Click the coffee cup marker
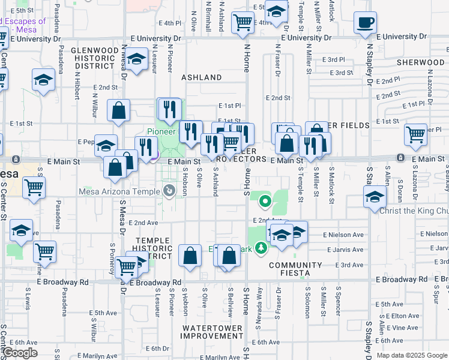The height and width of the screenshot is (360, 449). (x=365, y=24)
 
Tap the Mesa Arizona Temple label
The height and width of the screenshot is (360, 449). (x=119, y=192)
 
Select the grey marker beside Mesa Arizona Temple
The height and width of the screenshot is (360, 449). (x=169, y=191)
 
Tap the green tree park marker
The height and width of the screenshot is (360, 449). (x=261, y=247)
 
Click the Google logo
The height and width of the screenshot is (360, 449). (x=20, y=353)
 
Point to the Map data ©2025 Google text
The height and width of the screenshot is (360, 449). (x=412, y=355)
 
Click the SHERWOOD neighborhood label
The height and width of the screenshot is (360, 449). (x=420, y=62)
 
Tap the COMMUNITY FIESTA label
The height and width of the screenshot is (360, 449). (x=296, y=269)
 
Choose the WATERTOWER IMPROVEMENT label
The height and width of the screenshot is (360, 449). (x=212, y=332)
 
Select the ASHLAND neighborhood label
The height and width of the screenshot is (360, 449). (x=202, y=77)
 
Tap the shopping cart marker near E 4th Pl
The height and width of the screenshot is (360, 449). (x=243, y=23)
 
